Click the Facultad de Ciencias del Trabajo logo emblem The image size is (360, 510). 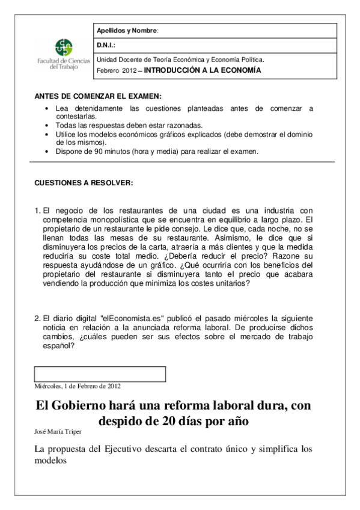coord(64,48)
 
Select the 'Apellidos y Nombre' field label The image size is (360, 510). coord(127,31)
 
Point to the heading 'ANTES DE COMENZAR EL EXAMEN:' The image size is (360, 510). coord(98,96)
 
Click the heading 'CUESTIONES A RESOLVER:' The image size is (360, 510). coord(84,182)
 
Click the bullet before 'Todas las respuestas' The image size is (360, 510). coord(48,125)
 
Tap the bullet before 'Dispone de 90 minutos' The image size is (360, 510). coord(48,152)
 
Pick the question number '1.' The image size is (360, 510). coord(37,210)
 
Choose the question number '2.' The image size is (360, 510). coord(37,318)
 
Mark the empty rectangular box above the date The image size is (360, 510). coord(100,373)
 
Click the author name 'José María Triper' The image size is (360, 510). coord(58,432)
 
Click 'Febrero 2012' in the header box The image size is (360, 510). coord(117,70)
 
